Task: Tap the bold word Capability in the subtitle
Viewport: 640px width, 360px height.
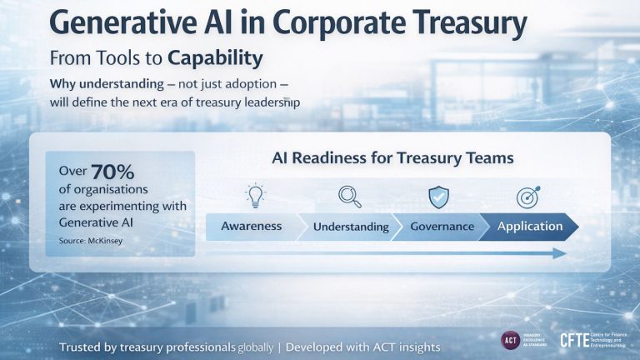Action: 215,59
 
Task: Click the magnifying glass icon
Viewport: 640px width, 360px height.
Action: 349,197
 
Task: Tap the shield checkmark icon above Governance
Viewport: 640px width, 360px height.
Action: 439,197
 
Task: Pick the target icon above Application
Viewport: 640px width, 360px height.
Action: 529,197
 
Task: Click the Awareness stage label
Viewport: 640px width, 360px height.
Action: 251,226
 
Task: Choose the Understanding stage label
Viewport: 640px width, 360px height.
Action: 351,227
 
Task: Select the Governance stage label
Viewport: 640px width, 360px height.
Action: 442,226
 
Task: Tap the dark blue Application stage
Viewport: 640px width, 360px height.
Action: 530,226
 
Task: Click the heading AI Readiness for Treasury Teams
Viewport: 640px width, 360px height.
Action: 392,157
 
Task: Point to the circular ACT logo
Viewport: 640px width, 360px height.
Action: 511,340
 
